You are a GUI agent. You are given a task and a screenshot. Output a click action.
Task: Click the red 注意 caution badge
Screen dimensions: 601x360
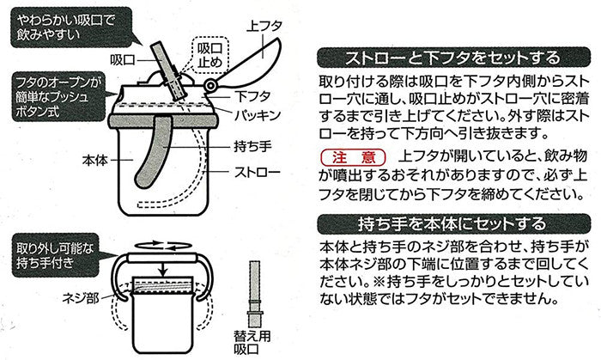pyautogui.click(x=353, y=157)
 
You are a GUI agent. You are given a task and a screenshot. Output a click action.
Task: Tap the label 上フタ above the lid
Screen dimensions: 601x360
pyautogui.click(x=264, y=27)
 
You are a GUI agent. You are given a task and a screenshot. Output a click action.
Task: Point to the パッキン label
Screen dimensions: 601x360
pyautogui.click(x=258, y=115)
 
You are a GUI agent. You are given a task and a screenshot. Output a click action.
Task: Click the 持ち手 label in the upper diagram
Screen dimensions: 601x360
pyautogui.click(x=252, y=146)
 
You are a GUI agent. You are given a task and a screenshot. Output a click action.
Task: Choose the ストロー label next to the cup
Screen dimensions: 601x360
pyautogui.click(x=258, y=172)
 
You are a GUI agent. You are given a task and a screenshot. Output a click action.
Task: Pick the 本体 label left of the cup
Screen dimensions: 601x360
pyautogui.click(x=95, y=160)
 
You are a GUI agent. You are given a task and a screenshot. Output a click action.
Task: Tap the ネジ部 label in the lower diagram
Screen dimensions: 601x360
pyautogui.click(x=81, y=297)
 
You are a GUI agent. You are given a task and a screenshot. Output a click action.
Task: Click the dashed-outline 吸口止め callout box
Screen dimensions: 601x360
pyautogui.click(x=209, y=55)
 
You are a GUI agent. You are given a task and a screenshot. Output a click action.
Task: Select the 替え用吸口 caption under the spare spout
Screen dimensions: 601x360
pyautogui.click(x=252, y=343)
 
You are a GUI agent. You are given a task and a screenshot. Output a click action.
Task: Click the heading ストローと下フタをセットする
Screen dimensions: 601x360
pyautogui.click(x=454, y=58)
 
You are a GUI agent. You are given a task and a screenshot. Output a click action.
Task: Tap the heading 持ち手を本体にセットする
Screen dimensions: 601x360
pyautogui.click(x=454, y=224)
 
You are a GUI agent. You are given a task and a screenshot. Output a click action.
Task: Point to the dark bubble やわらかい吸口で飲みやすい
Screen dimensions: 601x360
pyautogui.click(x=71, y=27)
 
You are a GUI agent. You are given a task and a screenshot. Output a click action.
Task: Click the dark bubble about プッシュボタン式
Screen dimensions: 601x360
pyautogui.click(x=58, y=96)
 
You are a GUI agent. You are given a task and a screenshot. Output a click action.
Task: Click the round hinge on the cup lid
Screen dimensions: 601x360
pyautogui.click(x=210, y=86)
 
